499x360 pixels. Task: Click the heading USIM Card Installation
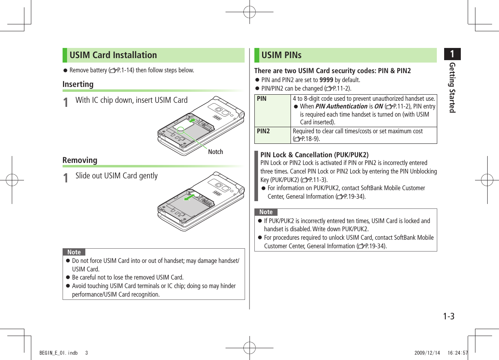point(113,55)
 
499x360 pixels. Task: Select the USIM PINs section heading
point(281,55)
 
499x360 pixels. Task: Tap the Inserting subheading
point(78,85)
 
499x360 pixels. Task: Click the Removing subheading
point(80,160)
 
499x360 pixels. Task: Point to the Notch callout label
point(215,152)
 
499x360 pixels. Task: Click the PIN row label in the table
point(262,98)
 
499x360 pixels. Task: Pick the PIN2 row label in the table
point(263,131)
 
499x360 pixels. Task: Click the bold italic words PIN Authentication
point(341,106)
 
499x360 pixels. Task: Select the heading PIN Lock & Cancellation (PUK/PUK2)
point(314,155)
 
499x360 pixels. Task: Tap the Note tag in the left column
point(74,252)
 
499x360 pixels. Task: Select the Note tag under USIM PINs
point(266,212)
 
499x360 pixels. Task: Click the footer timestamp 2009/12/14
point(427,353)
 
